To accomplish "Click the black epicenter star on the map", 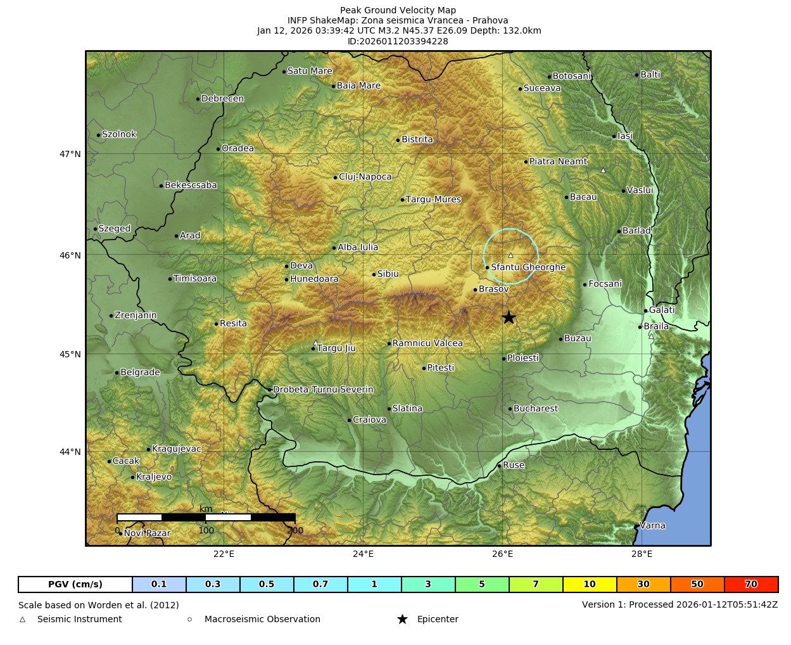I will tap(509, 317).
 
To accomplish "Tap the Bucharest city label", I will tap(535, 409).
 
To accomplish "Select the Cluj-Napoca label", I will tap(365, 177).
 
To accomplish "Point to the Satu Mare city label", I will tap(310, 71).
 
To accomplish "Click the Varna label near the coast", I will tap(652, 525).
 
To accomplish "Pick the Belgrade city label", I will tap(140, 373).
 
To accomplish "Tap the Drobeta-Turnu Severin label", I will tap(323, 390).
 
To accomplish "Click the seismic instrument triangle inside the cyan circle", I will tap(511, 255).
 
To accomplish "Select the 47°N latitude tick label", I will tap(70, 154).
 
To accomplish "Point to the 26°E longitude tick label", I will tap(502, 554).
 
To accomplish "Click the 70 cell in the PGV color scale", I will tap(751, 584).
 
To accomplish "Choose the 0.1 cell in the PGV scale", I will tap(159, 584).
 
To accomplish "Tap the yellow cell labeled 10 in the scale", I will tap(590, 584).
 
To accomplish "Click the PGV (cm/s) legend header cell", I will tap(75, 584).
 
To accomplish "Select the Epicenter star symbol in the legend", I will tap(402, 619).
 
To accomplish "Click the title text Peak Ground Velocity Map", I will tap(398, 10).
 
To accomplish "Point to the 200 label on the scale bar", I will tap(295, 531).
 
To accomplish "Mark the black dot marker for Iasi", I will tap(614, 136).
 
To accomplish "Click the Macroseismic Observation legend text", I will tap(262, 619).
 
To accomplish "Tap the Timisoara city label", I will tap(194, 279).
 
